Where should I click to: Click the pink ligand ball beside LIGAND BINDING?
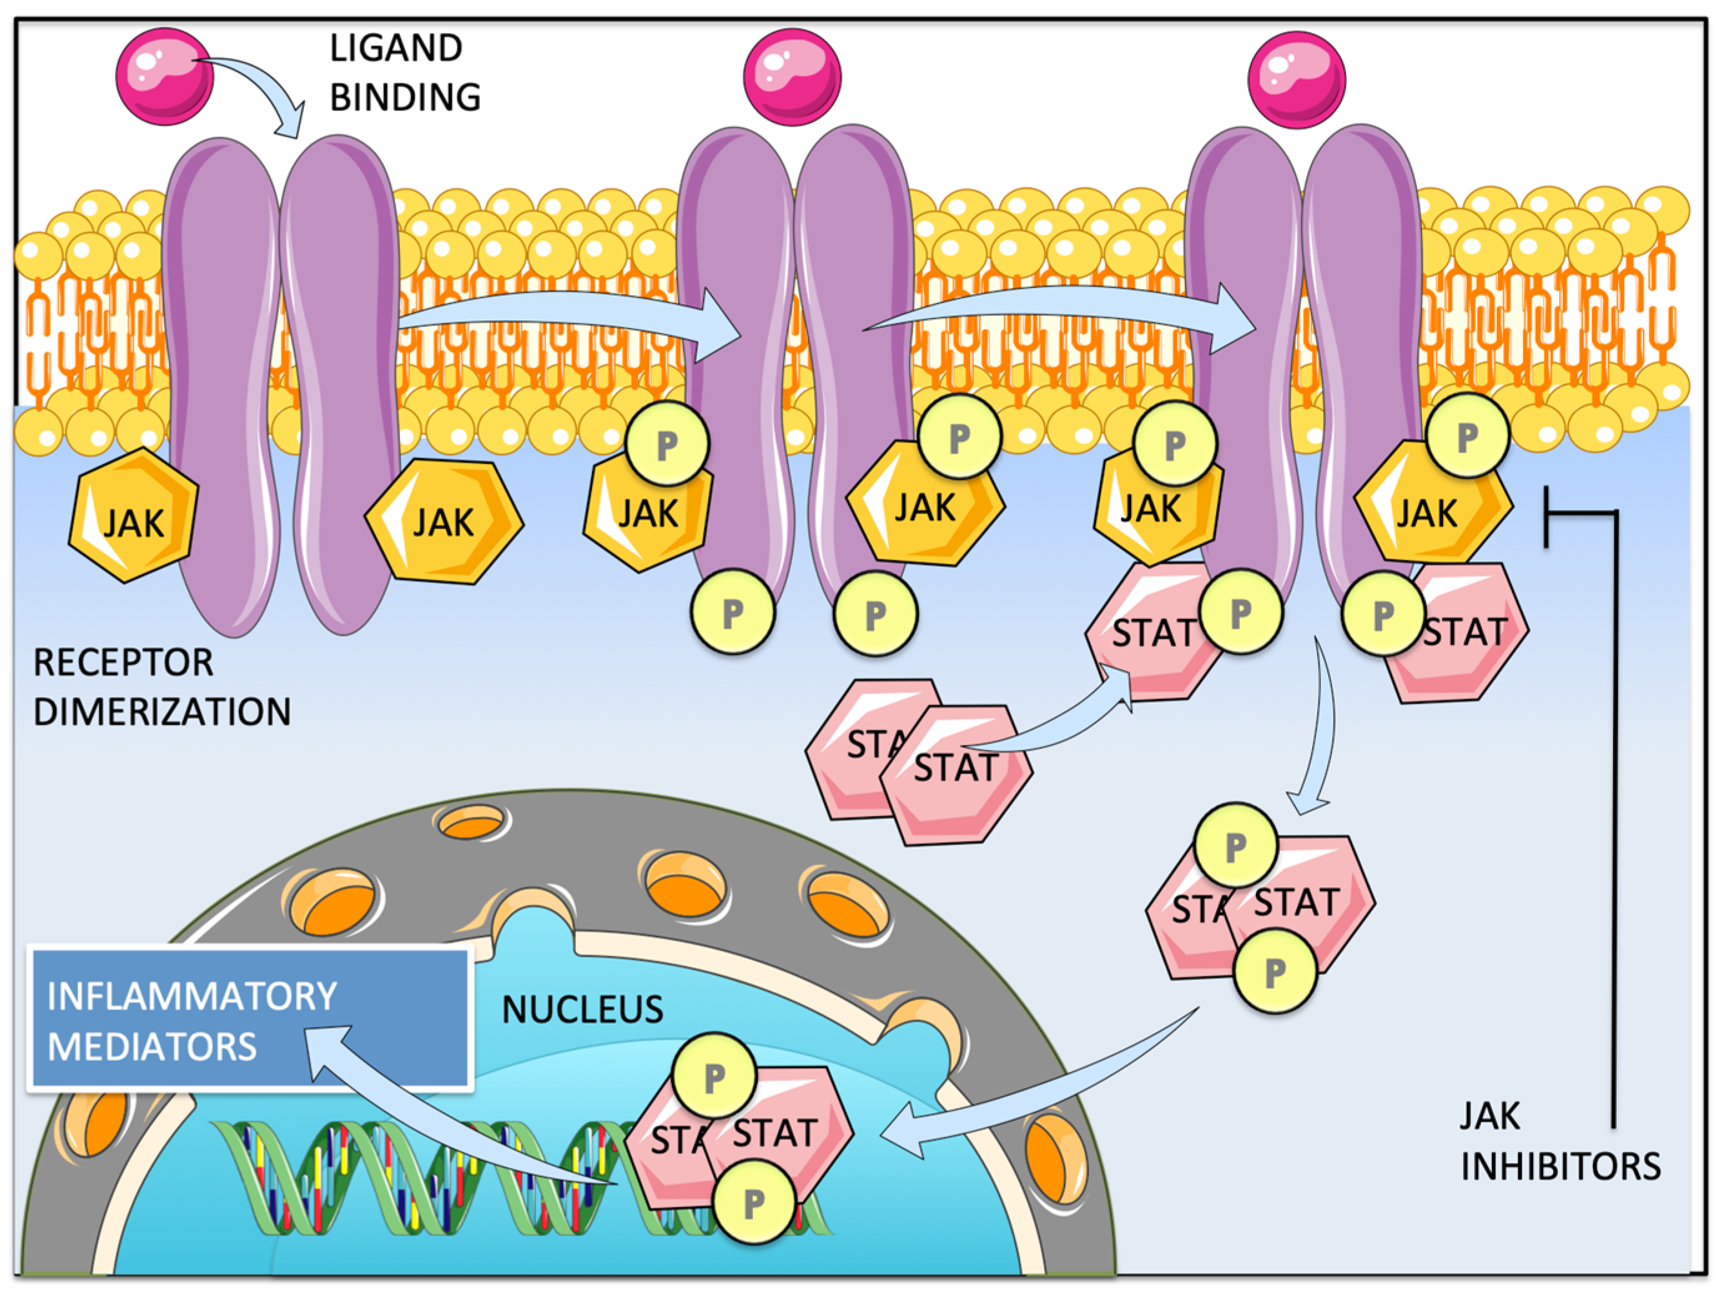point(164,76)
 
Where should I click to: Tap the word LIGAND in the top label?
point(396,48)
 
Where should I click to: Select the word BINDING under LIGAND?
point(405,98)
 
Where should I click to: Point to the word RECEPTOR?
point(123,663)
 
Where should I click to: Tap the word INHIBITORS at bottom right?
point(1561,1167)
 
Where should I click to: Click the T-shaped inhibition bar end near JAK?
point(1547,516)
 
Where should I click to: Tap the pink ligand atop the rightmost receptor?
point(1296,79)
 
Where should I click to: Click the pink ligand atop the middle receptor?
point(792,77)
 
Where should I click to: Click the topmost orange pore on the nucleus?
point(470,822)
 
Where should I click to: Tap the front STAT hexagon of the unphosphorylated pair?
point(957,774)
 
